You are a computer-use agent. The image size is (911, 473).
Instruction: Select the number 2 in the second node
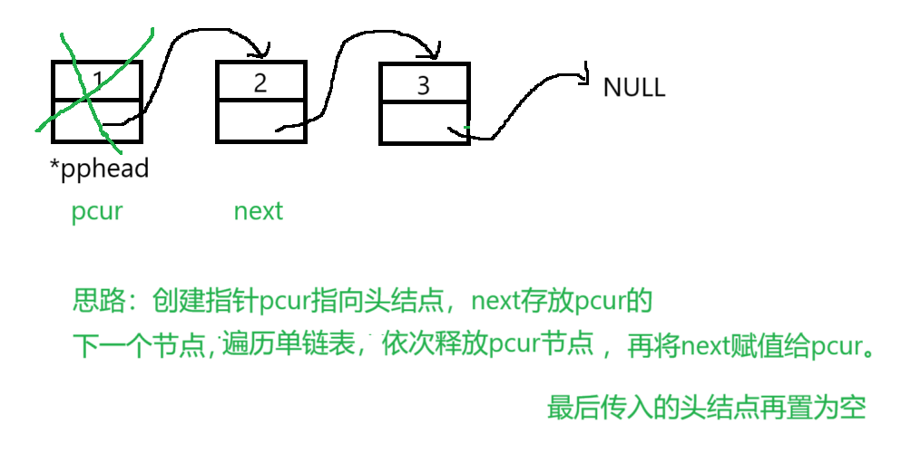click(260, 82)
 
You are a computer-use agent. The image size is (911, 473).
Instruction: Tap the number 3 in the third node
click(423, 86)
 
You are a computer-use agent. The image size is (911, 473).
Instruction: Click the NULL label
click(633, 88)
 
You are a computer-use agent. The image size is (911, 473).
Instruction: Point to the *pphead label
click(100, 168)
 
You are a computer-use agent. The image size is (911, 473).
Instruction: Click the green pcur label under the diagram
click(96, 212)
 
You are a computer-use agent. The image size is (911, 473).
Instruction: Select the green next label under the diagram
click(259, 212)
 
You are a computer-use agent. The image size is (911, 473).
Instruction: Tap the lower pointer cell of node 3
click(424, 123)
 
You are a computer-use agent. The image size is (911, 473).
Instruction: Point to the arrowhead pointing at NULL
click(584, 77)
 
